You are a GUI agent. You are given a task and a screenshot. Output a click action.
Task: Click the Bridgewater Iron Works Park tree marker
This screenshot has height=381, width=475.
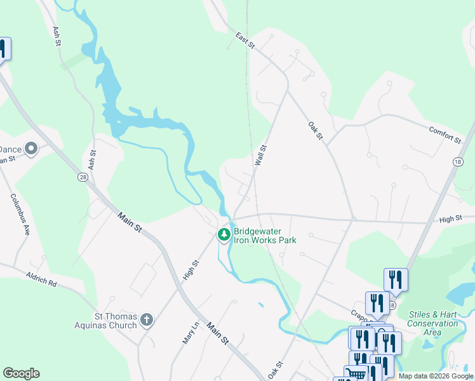[x=224, y=234]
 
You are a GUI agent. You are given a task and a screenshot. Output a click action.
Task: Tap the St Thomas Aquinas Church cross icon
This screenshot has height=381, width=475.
[x=147, y=319]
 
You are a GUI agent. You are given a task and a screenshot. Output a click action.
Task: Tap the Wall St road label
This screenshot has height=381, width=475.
[x=260, y=156]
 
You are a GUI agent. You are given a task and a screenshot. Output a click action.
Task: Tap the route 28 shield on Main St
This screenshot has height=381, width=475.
[x=83, y=178]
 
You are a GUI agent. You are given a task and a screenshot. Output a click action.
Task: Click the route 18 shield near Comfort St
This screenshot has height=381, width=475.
[x=457, y=163]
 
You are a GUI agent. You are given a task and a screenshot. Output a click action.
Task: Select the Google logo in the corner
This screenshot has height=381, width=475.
[x=21, y=373]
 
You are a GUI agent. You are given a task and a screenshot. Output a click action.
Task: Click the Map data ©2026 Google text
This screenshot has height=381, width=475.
[x=436, y=376]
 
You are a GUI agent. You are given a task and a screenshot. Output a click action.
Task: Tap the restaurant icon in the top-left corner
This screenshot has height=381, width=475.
[x=2, y=50]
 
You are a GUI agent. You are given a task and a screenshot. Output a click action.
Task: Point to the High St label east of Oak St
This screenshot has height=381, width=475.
[x=450, y=219]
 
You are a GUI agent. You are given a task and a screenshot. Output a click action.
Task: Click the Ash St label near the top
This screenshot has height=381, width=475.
[x=57, y=36]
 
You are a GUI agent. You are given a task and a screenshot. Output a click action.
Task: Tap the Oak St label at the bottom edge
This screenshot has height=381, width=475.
[x=274, y=371]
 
